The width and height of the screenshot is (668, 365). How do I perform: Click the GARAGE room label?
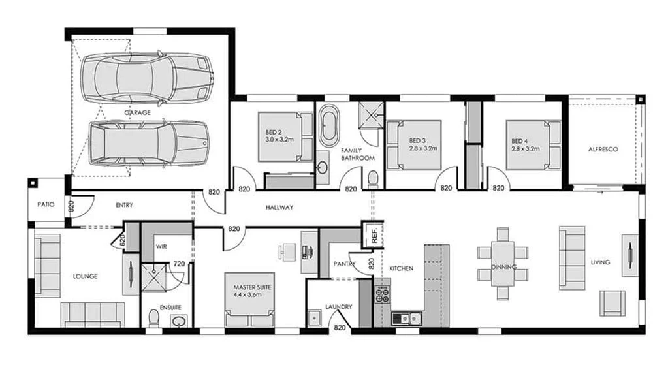tap(137, 112)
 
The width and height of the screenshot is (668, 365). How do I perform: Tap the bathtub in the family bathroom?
tap(328, 125)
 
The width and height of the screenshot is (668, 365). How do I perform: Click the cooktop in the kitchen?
tap(382, 294)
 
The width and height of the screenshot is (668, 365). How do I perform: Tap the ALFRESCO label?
tap(603, 150)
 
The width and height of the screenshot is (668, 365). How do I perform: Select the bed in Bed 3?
tap(415, 145)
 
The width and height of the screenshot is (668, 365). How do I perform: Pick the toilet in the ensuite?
tap(154, 318)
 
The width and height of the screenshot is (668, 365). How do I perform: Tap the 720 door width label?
tap(178, 264)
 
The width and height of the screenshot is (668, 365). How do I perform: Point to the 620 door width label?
tap(121, 240)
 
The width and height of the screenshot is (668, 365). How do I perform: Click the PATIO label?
tap(45, 204)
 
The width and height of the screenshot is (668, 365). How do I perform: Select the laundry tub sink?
tap(315, 318)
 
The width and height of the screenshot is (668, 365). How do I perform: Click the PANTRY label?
tap(343, 264)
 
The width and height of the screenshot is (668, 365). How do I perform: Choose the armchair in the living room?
tap(612, 303)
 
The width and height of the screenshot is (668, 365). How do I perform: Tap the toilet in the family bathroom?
tap(373, 178)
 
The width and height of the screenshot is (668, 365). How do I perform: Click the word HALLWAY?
tap(279, 208)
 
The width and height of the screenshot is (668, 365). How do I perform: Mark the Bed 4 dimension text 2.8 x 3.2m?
tap(525, 148)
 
